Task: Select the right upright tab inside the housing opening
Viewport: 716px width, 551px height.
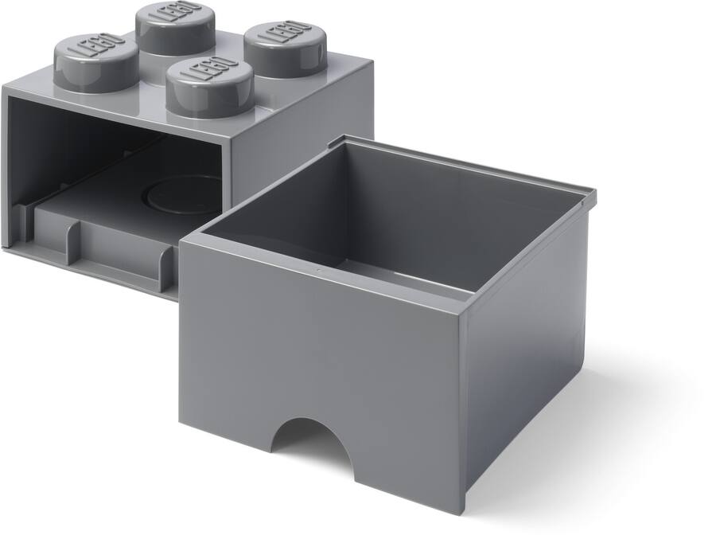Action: [x=168, y=267]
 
